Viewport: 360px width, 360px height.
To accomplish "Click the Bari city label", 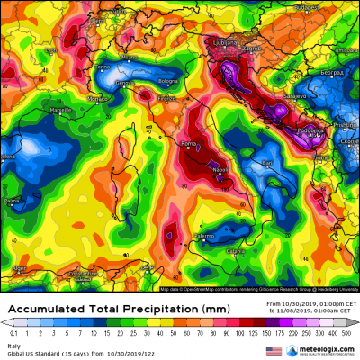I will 266,161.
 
